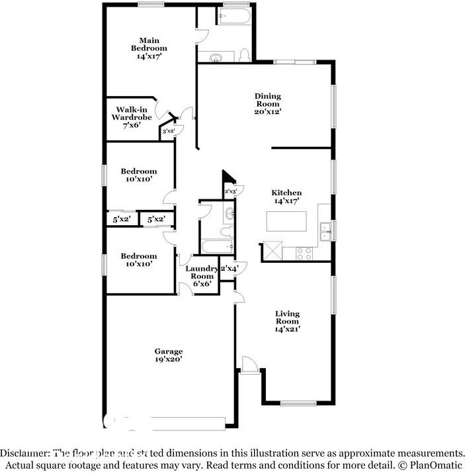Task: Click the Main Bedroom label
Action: [149, 48]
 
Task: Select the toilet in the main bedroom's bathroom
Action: [244, 56]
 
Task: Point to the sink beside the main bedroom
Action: [215, 58]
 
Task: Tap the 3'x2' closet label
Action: [168, 132]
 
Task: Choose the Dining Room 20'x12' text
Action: [268, 104]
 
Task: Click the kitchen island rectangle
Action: [286, 220]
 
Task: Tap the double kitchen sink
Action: [325, 231]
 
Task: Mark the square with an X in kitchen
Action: [273, 250]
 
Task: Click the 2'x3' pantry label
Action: [231, 192]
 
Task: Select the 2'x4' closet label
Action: [228, 268]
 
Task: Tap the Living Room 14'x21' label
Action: [287, 321]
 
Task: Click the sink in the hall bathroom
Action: [228, 214]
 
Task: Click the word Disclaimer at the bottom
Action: [24, 453]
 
